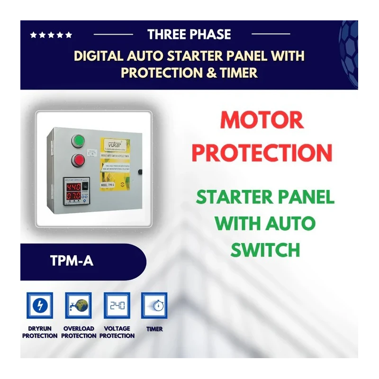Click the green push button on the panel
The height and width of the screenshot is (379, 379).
[77, 141]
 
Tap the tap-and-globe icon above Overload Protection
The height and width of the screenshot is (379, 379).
[78, 305]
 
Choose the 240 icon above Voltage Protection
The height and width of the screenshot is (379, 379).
[117, 305]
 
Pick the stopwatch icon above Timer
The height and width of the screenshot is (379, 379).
[154, 305]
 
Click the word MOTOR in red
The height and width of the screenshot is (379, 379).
[262, 121]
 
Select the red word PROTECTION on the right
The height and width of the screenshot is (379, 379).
[262, 153]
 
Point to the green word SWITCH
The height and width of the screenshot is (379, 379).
[265, 249]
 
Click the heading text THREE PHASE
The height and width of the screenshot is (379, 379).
[189, 35]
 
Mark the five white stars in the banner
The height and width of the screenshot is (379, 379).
[51, 35]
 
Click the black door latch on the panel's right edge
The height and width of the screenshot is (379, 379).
[140, 171]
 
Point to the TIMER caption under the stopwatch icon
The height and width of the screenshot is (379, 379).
[154, 329]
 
